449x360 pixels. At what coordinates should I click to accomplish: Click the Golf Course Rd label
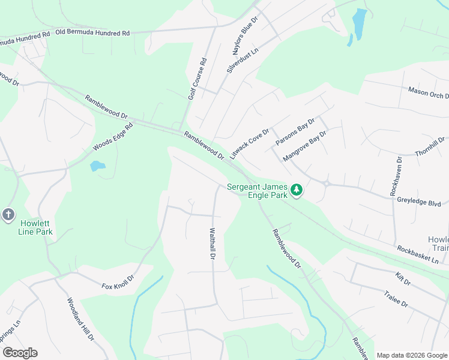pos(197,79)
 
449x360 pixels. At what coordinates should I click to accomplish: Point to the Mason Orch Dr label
pos(428,93)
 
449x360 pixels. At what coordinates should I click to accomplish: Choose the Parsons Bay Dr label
pos(295,132)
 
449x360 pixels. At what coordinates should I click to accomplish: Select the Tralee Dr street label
pos(396,299)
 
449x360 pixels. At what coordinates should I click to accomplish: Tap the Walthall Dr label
pos(212,243)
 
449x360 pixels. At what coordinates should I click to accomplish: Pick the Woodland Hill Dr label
pos(80,320)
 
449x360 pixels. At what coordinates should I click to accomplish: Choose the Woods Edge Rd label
pos(112,137)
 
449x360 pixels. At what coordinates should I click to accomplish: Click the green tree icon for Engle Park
pos(296,191)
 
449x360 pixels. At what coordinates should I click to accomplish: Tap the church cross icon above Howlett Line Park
pos(8,214)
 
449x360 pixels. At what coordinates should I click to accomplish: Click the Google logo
pos(20,353)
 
